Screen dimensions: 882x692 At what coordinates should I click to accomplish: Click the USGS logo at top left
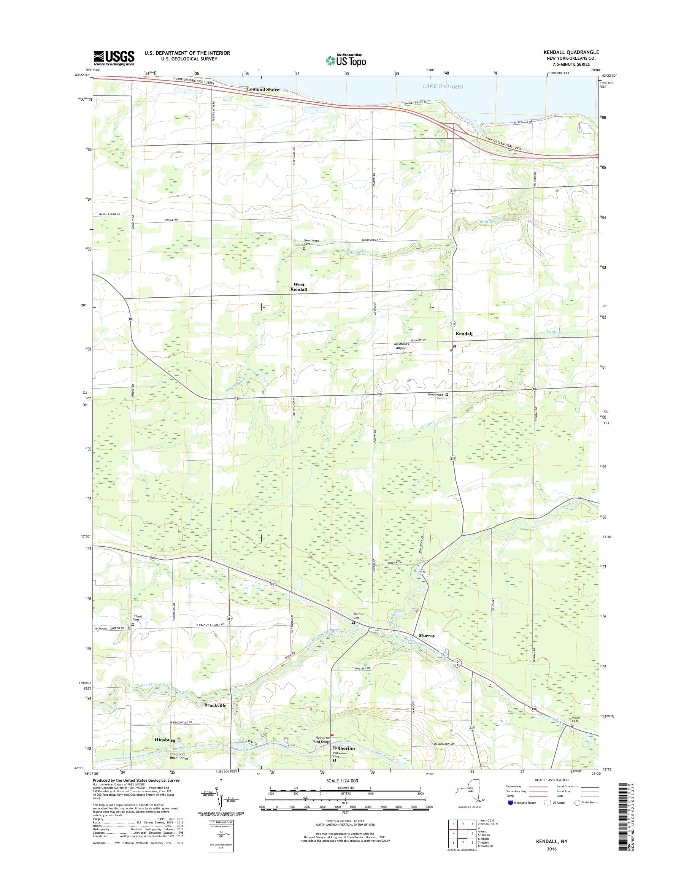coord(114,58)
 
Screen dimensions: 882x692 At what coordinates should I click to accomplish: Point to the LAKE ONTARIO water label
coord(443,86)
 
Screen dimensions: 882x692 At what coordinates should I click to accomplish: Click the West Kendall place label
coord(299,287)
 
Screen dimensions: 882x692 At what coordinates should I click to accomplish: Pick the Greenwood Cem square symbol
coord(447,395)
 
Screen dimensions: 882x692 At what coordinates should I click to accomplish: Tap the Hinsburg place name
coord(165,740)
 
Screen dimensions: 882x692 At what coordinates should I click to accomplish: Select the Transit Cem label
coord(138,618)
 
